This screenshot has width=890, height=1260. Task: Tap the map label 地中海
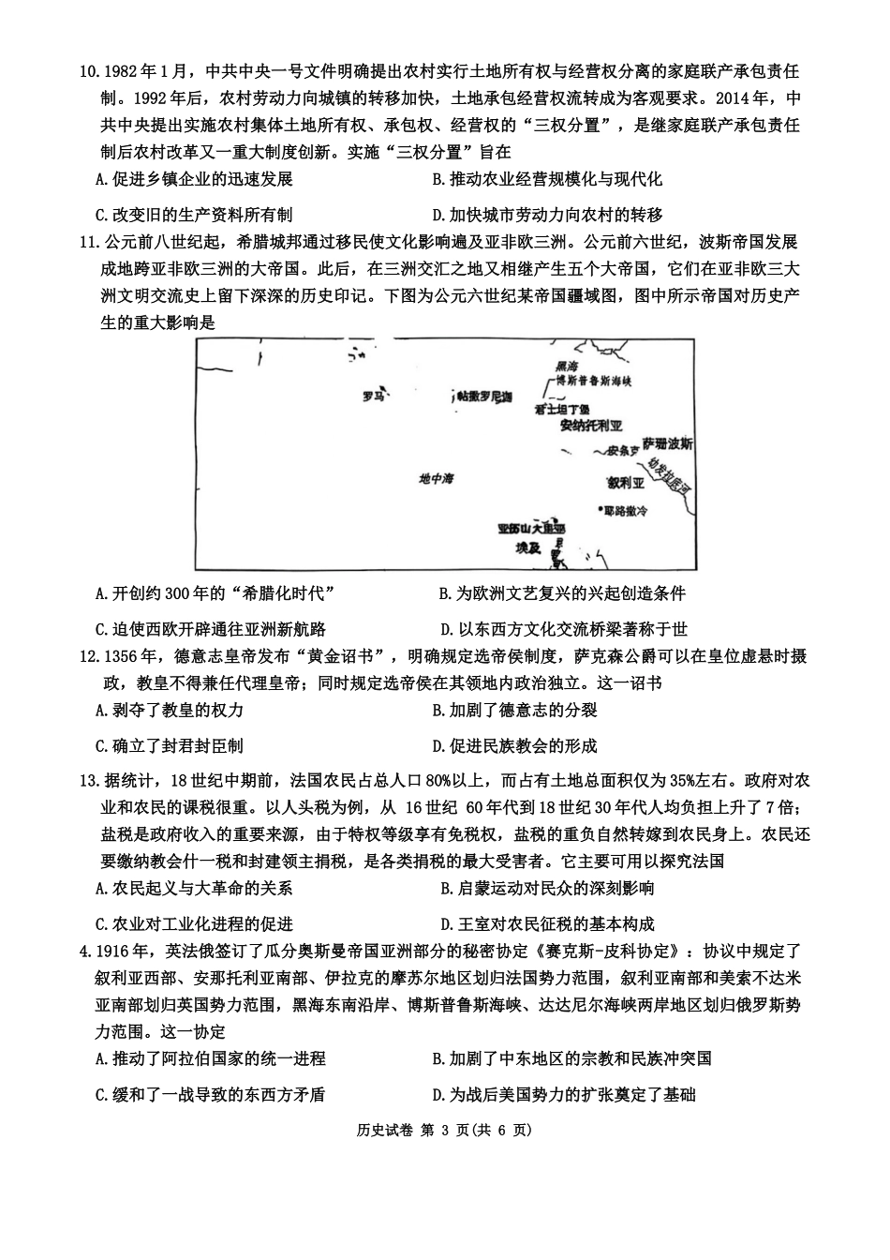(436, 479)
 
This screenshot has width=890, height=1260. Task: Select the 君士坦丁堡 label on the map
(562, 410)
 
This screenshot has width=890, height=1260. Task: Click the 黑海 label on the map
(567, 367)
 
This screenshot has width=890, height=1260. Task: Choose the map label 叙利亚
(625, 484)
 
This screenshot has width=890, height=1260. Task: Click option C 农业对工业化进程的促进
(194, 923)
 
